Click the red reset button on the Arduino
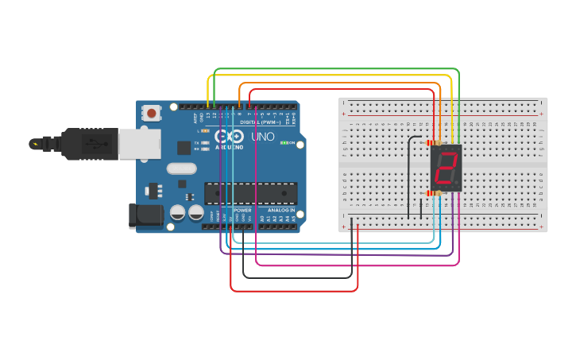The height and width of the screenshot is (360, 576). pyautogui.click(x=151, y=114)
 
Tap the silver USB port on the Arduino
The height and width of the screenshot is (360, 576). pyautogui.click(x=140, y=144)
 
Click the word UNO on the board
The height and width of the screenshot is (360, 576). pyautogui.click(x=263, y=137)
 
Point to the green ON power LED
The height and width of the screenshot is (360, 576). pyautogui.click(x=284, y=143)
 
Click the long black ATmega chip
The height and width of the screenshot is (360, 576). pyautogui.click(x=251, y=192)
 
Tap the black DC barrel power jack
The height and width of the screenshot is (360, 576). pyautogui.click(x=145, y=215)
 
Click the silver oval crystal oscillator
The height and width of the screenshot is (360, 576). pyautogui.click(x=181, y=168)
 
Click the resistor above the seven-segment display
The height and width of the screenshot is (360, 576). pyautogui.click(x=434, y=143)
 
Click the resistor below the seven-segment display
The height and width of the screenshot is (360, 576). pyautogui.click(x=434, y=193)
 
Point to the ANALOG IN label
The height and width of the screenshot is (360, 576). pyautogui.click(x=279, y=210)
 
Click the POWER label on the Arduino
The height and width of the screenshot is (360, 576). pyautogui.click(x=242, y=210)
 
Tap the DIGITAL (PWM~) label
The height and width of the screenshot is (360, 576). pyautogui.click(x=259, y=122)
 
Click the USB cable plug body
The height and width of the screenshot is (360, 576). pyautogui.click(x=91, y=144)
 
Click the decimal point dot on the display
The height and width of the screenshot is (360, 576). pyautogui.click(x=458, y=185)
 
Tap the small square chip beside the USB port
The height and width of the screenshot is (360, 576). pyautogui.click(x=184, y=147)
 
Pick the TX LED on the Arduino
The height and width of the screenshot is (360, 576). pyautogui.click(x=205, y=141)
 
